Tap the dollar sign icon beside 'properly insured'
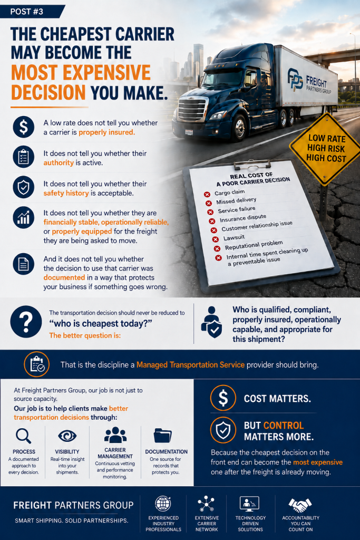(23, 127)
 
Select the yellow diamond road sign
(326, 149)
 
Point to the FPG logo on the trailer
(295, 79)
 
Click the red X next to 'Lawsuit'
(216, 239)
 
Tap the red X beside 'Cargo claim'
(207, 195)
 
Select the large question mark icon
(26, 322)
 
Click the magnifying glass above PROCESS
(23, 436)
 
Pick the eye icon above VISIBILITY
(67, 436)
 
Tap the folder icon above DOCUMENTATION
(163, 436)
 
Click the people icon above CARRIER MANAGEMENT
(115, 435)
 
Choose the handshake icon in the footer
(300, 505)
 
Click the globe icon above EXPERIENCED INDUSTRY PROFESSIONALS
(163, 504)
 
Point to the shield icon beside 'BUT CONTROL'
(223, 430)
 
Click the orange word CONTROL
(284, 426)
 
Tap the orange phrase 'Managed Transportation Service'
(190, 365)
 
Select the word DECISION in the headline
(48, 93)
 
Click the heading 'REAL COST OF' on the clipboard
(251, 176)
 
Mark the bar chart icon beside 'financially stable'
(23, 217)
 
